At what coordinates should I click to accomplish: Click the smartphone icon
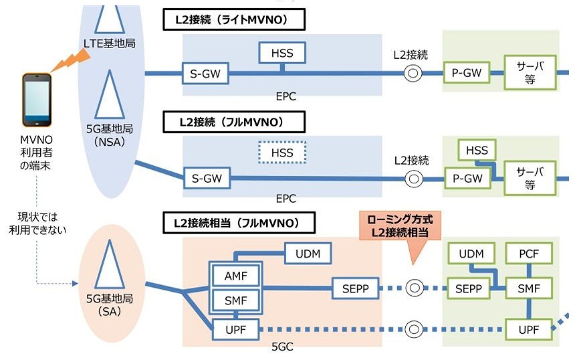point(37,101)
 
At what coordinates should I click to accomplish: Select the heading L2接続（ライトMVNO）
point(234,20)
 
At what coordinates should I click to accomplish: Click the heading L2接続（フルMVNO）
point(234,122)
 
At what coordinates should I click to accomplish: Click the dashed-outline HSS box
point(282,153)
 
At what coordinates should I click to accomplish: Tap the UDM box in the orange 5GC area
point(308,254)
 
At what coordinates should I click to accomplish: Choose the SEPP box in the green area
point(468,288)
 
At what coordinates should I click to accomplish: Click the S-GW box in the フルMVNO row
point(206,179)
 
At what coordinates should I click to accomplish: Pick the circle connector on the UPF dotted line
point(414,329)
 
